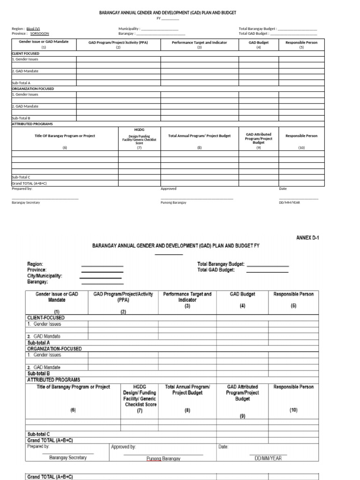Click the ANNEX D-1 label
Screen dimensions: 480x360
307,238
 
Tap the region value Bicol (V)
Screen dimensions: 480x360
33,29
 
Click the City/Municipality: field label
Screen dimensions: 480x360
45,276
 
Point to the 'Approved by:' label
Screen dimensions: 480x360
123,447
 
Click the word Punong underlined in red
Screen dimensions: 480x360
154,458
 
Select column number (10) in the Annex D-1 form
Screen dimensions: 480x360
293,410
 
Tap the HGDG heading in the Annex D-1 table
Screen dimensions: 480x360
139,387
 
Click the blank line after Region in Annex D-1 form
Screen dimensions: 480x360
102,266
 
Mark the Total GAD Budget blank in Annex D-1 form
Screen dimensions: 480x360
267,272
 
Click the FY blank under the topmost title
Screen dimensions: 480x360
170,20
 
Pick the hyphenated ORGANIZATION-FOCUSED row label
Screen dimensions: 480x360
54,349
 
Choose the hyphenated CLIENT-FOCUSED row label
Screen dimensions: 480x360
46,318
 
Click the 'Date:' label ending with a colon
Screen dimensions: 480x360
223,447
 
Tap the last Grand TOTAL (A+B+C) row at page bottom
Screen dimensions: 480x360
50,477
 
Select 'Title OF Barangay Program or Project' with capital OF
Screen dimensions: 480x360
65,136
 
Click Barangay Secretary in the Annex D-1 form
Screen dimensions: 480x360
68,457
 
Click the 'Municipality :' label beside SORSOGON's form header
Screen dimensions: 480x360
129,29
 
